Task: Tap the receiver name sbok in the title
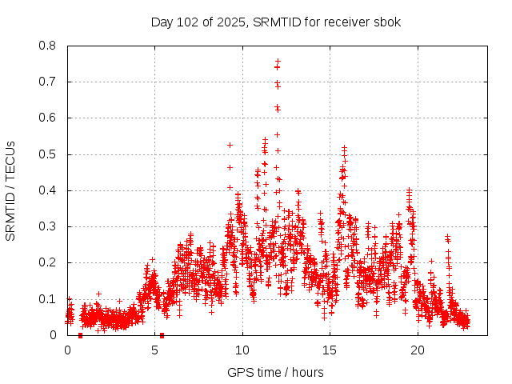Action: pos(387,22)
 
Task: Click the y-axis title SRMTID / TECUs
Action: pos(11,190)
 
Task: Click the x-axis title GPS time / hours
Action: pos(275,372)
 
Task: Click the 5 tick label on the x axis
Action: pos(155,350)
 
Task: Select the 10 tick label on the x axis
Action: pos(242,350)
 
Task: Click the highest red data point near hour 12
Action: pos(278,61)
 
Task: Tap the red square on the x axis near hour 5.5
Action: pos(162,335)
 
